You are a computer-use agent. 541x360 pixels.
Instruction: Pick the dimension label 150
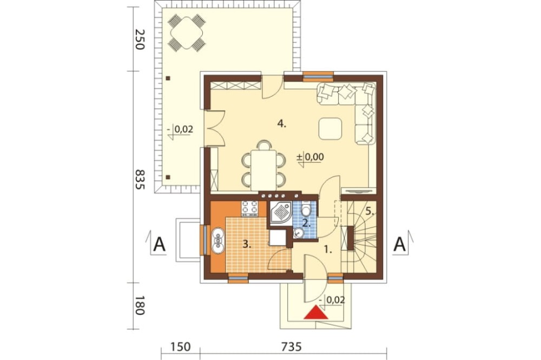click(180, 346)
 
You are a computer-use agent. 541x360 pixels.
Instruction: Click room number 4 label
click(282, 124)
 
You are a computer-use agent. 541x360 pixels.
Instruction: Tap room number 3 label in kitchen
click(246, 245)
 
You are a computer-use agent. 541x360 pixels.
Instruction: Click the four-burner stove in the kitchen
click(250, 209)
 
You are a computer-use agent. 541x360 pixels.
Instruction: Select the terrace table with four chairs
click(186, 33)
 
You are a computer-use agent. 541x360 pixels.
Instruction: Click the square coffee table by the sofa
click(331, 129)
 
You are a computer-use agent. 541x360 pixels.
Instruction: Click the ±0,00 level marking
click(311, 157)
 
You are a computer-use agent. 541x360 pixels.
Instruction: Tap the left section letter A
click(159, 244)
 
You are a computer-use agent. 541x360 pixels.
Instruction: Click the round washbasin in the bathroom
click(298, 234)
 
